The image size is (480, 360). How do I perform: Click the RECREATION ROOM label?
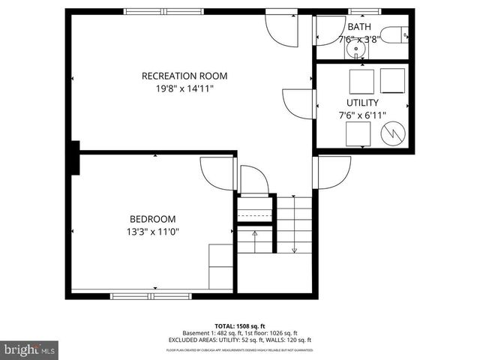(x=184, y=76)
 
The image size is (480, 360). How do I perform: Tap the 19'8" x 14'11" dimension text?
(x=184, y=88)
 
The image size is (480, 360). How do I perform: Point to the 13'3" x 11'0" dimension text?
(x=152, y=232)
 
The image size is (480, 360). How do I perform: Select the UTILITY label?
(x=361, y=102)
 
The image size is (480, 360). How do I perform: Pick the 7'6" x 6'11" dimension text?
(x=361, y=115)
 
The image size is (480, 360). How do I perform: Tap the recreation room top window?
(x=157, y=10)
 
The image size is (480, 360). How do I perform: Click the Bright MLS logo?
(x=30, y=349)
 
